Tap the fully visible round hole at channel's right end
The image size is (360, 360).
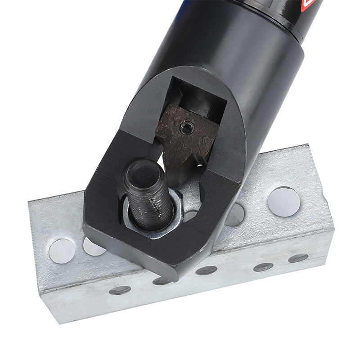click(x=284, y=201)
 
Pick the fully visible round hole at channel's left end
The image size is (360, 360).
click(x=62, y=251)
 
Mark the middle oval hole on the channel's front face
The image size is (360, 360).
click(x=207, y=270)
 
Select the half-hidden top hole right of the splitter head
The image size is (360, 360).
click(x=234, y=215)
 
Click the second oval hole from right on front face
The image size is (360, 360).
click(x=263, y=267)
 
